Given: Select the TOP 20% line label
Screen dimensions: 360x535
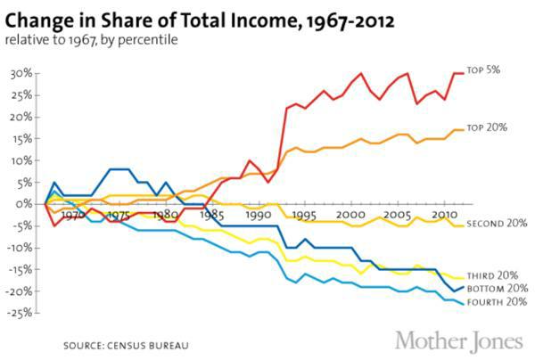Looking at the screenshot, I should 488,127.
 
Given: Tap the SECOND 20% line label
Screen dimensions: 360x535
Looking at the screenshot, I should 496,224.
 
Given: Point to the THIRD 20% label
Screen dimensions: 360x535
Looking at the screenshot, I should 491,276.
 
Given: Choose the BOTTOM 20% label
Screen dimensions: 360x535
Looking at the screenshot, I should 496,289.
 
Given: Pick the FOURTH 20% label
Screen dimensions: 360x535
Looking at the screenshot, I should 496,301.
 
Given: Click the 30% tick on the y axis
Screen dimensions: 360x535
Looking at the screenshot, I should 22,73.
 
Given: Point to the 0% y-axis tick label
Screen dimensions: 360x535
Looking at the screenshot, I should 26,204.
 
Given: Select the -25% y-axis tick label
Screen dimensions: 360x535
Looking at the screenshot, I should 21,313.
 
